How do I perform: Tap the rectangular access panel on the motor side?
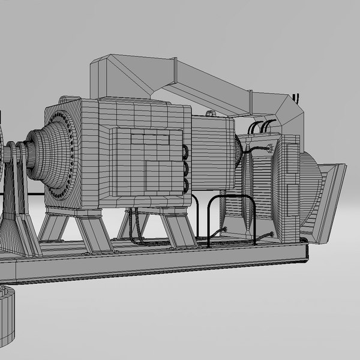[146, 158]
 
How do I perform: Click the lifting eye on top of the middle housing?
[209, 113]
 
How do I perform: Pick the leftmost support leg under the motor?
[52, 228]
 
